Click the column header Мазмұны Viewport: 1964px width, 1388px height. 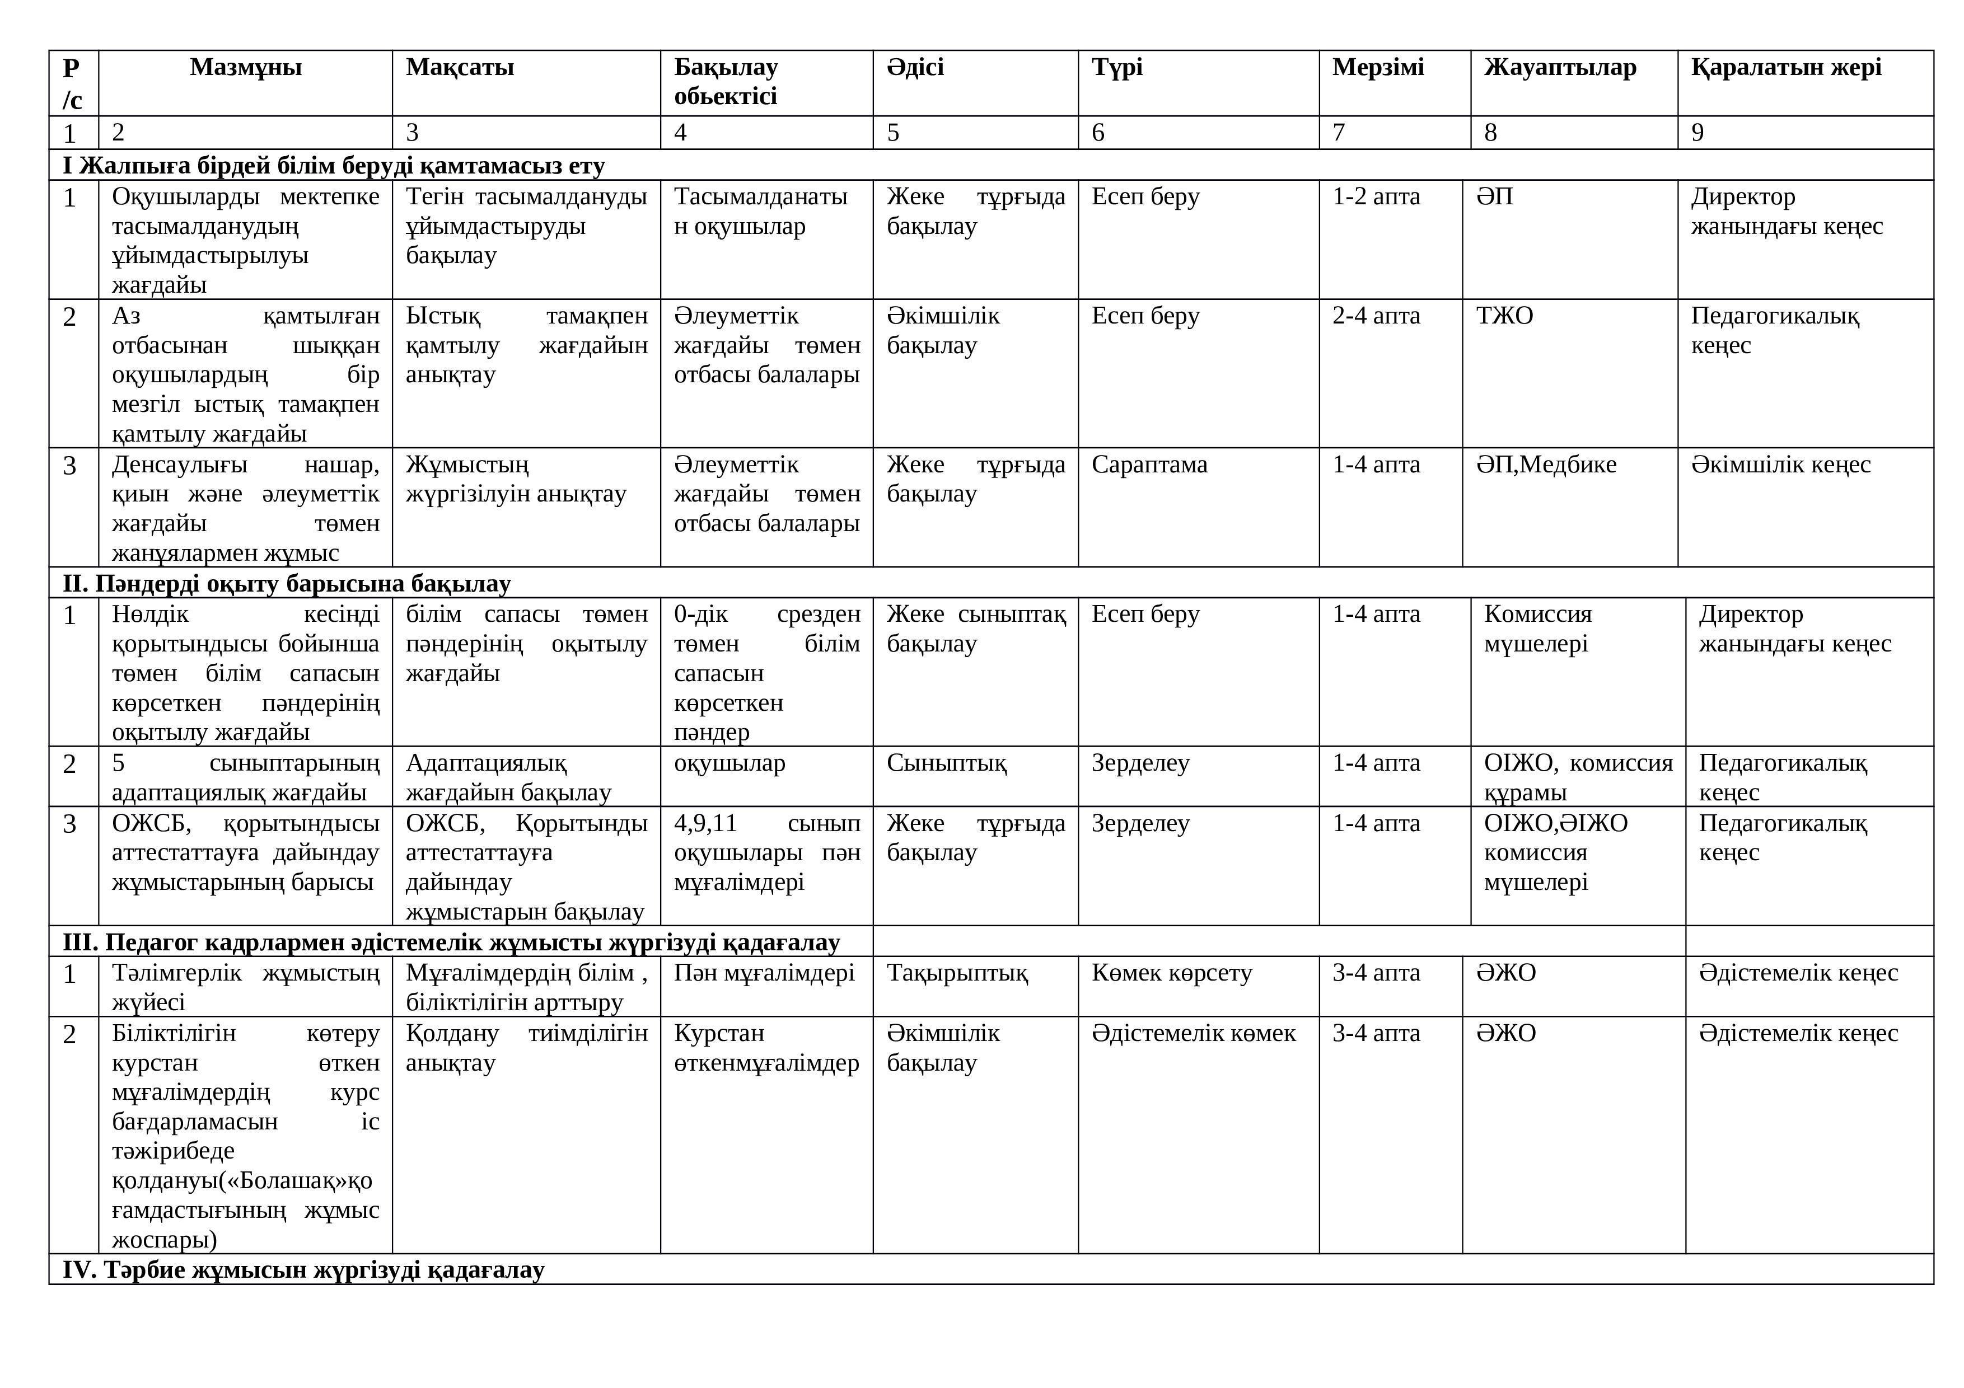coord(245,68)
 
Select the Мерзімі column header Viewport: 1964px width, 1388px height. coord(1377,68)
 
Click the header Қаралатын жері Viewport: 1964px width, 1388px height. coord(1785,68)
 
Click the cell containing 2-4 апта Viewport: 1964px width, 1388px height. coord(1376,316)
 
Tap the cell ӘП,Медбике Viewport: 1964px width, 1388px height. coord(1546,465)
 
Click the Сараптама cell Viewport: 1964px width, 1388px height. coord(1149,465)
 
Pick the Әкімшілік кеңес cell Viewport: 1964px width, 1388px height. coord(1780,465)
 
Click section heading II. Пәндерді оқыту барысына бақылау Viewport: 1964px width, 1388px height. coord(287,584)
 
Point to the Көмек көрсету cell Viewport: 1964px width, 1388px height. coord(1171,973)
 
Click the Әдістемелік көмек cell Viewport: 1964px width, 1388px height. coord(1193,1034)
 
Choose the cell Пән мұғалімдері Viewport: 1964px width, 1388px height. coord(764,973)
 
